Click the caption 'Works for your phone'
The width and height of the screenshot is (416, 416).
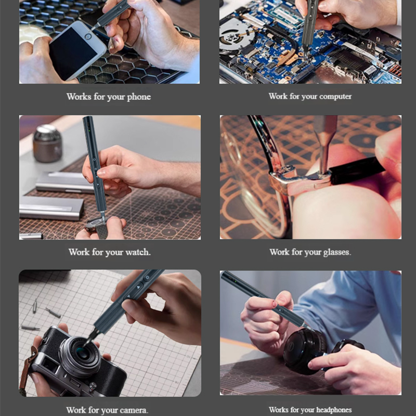pos(108,97)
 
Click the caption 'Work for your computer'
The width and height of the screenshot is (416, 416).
pos(310,96)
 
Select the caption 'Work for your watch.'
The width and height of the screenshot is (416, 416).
pos(110,252)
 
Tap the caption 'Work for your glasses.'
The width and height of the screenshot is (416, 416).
pos(310,252)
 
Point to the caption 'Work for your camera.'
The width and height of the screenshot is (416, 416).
pos(107,410)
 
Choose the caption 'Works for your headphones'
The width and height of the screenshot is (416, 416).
pos(310,410)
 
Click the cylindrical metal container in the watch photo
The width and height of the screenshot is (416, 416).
pos(47,142)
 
